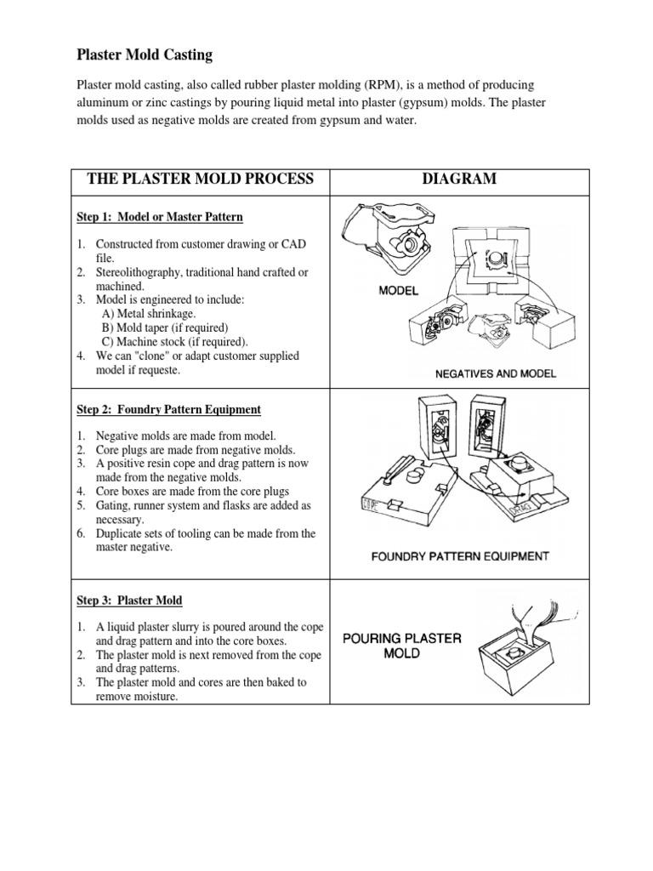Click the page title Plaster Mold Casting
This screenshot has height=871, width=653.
tap(145, 55)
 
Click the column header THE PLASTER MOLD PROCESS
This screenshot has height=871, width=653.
tap(201, 179)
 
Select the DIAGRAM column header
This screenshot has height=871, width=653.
tap(458, 179)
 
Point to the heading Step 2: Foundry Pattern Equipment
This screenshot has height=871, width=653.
tap(168, 409)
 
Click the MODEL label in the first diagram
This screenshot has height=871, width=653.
tap(399, 291)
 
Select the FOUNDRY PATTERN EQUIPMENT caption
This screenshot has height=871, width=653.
tap(460, 557)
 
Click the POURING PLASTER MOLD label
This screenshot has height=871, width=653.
tap(401, 646)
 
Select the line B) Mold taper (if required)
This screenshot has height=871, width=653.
tap(163, 327)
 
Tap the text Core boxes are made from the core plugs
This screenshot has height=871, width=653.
tap(193, 492)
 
